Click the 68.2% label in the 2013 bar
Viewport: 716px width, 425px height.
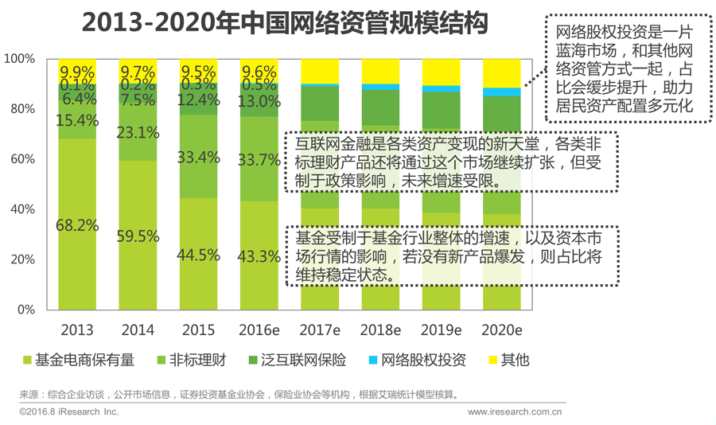coord(77,225)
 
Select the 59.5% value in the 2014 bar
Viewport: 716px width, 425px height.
coord(139,236)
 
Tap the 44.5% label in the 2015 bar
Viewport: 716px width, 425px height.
coord(199,255)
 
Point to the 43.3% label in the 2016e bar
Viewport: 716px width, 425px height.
coord(259,257)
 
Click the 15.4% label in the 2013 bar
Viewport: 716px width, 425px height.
coord(77,121)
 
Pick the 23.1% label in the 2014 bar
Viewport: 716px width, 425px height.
coord(139,134)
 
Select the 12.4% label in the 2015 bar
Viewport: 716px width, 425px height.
coord(199,100)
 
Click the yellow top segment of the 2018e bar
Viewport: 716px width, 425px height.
coord(380,71)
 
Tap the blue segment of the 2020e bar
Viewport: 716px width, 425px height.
coord(502,92)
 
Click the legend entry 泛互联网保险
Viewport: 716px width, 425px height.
coord(308,361)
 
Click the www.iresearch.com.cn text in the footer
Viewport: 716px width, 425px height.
coord(515,412)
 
